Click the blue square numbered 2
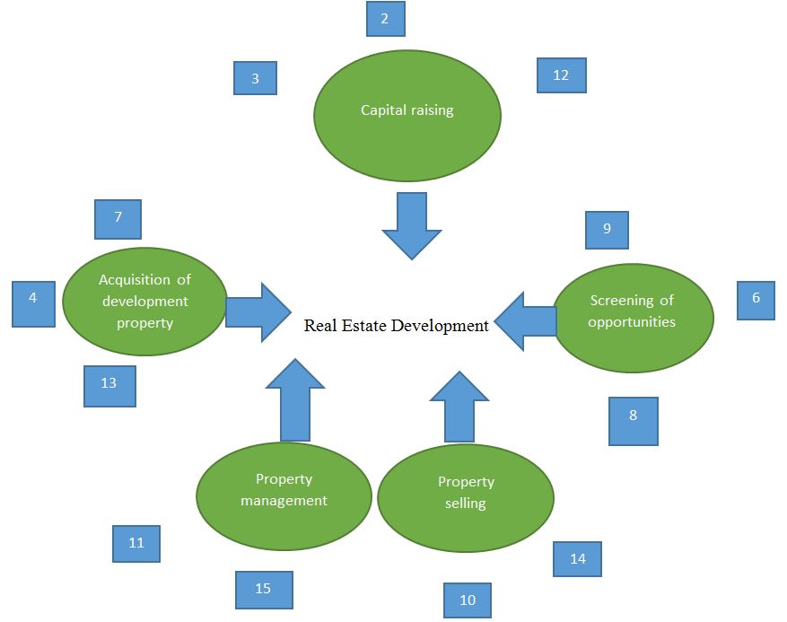coord(385,19)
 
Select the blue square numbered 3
coord(255,78)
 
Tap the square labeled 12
coord(561,75)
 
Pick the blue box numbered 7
coord(118,218)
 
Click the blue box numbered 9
coord(607,230)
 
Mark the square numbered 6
coord(756,300)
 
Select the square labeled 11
coord(136,543)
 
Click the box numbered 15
coord(264,590)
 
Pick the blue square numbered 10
coord(468,600)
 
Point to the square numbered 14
coord(577,559)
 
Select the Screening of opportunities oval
coord(633,316)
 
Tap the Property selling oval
coord(466,498)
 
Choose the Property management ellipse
coord(284,495)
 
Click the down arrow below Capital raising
coord(411,224)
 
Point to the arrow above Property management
coord(295,399)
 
